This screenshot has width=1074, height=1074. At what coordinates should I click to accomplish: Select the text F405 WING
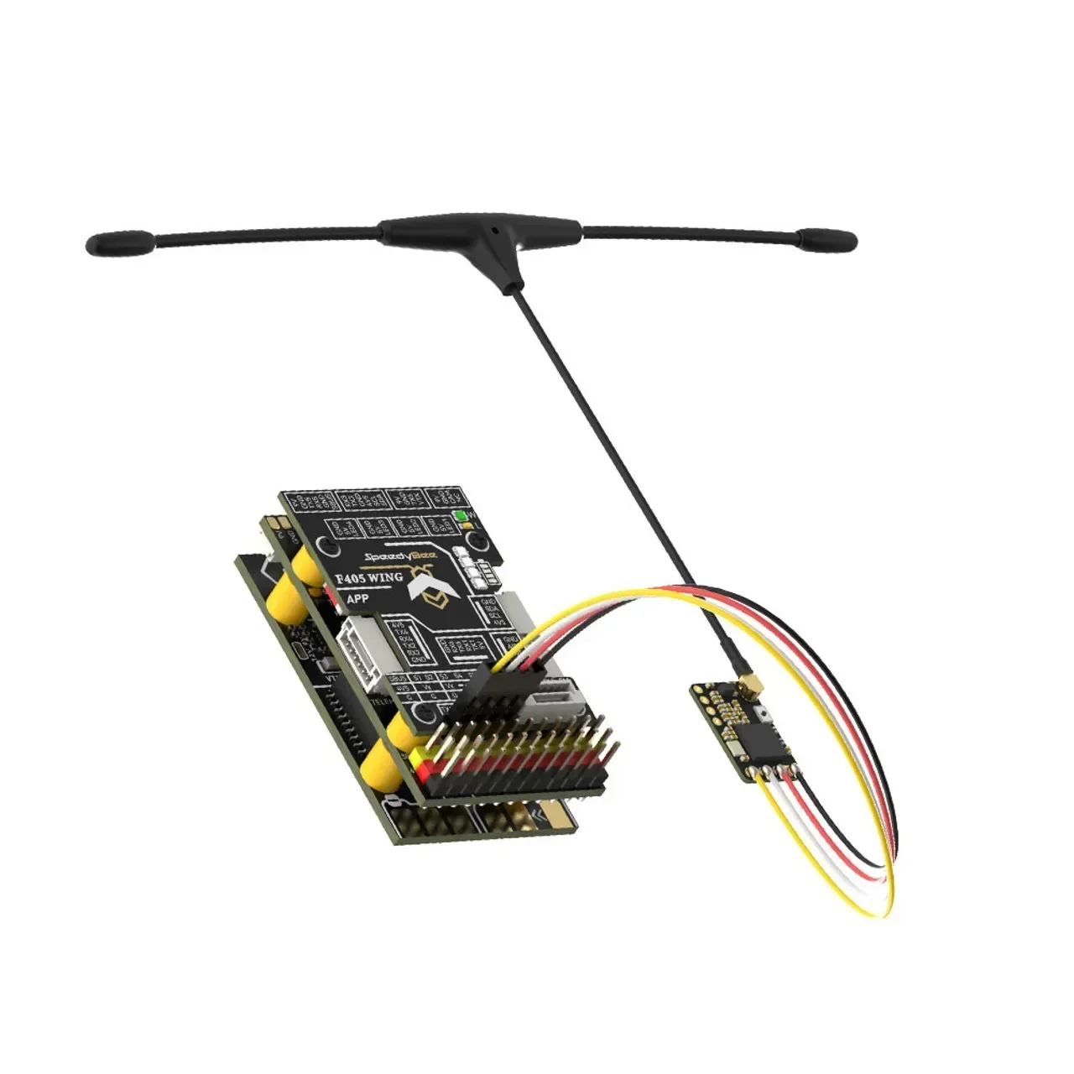pos(368,578)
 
